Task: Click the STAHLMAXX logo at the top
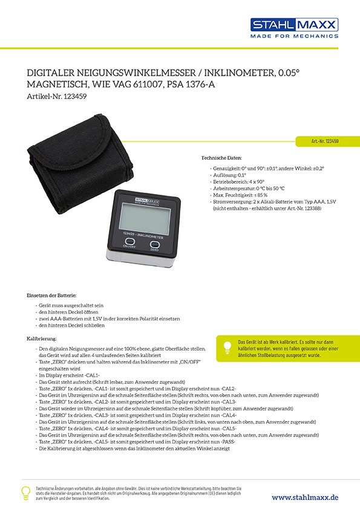pos(294,25)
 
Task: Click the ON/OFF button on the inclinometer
pos(129,243)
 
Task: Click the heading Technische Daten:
pos(221,157)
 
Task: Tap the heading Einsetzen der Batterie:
pos(51,294)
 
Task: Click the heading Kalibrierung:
pos(42,339)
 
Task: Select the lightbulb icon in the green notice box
pos(227,347)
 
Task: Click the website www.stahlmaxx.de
pos(305,496)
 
